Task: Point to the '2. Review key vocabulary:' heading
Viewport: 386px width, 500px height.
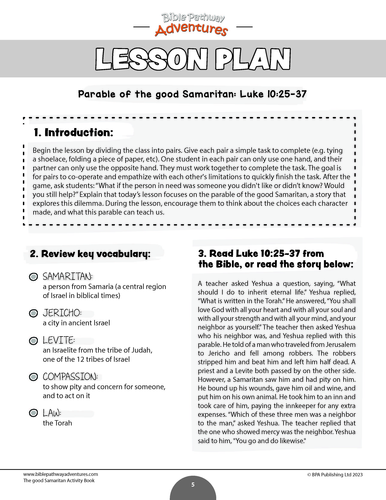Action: coord(91,254)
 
